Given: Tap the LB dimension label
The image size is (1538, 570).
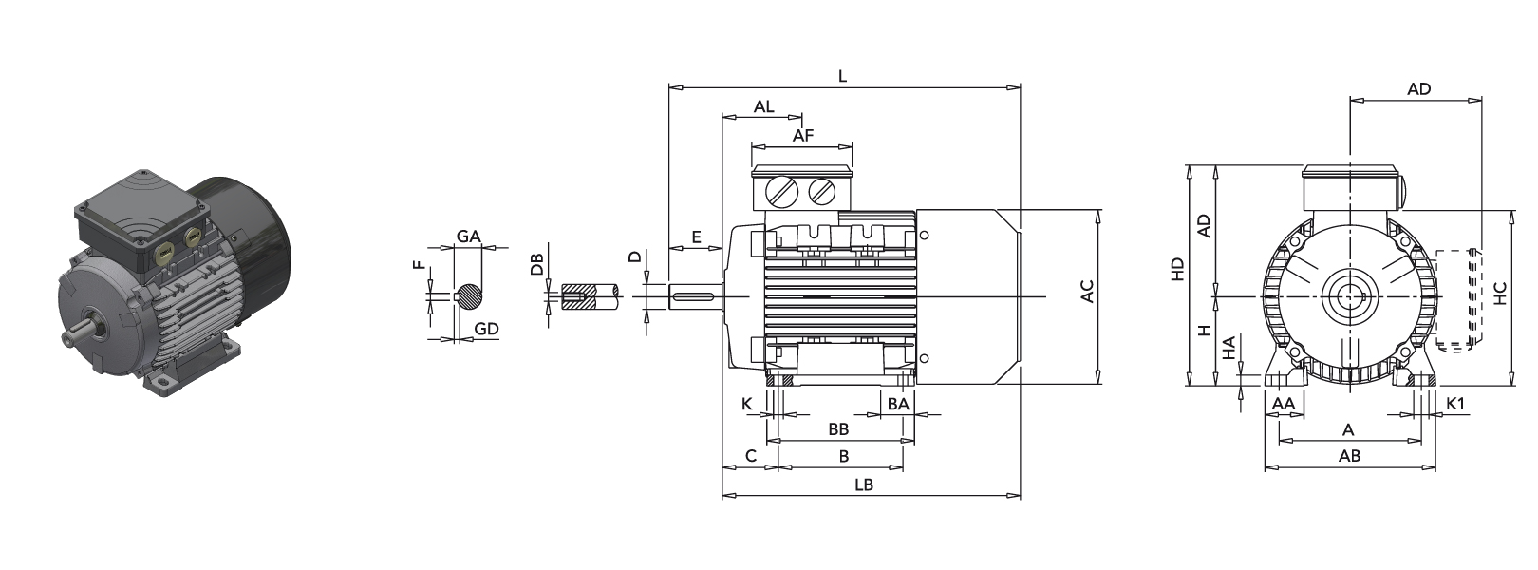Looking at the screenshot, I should [x=863, y=484].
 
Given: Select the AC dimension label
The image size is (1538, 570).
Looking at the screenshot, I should [x=1088, y=292].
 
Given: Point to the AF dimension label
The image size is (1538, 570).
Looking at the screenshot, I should [x=803, y=136].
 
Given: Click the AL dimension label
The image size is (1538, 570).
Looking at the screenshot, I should [x=764, y=106].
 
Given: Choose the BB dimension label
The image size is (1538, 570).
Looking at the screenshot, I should [x=838, y=429].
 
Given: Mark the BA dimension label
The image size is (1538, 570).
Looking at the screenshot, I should [x=898, y=404].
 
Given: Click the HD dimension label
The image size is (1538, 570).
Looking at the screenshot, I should [x=1177, y=269].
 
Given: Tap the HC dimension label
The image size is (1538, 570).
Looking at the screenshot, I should [x=1500, y=293].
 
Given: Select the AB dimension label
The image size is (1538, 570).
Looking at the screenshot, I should [x=1349, y=456].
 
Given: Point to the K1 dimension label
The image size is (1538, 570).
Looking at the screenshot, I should [x=1455, y=404].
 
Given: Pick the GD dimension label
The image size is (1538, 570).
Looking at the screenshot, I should [x=486, y=329].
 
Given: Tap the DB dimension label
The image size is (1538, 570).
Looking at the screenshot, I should [x=537, y=264].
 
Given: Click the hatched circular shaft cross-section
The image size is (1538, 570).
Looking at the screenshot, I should [x=470, y=296].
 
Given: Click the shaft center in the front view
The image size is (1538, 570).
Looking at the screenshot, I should [x=1348, y=296].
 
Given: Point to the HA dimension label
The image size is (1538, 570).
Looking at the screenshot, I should [x=1229, y=349].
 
